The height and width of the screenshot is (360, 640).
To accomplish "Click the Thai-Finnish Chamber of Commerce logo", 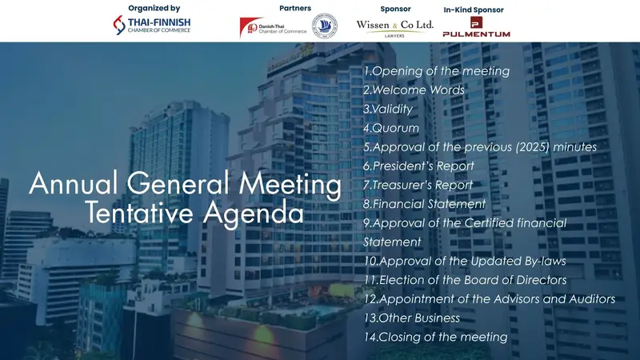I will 153,26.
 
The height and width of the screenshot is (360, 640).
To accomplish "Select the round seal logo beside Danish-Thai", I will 324,26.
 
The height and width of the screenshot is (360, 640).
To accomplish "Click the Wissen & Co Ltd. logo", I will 394,27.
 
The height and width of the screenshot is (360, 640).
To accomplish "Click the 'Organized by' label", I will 153,8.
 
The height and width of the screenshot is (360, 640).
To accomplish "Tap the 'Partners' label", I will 295,8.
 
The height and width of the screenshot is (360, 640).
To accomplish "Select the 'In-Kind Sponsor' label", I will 474,10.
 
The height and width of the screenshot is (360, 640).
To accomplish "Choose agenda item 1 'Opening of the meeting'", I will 436,71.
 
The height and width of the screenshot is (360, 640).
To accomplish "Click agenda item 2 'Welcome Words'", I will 414,90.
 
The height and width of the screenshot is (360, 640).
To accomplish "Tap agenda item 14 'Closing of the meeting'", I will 435,337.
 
